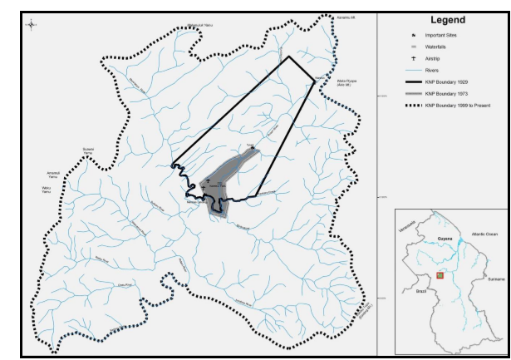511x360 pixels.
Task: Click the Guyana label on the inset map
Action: click(x=443, y=238)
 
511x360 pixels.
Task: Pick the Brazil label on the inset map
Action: click(x=420, y=293)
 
